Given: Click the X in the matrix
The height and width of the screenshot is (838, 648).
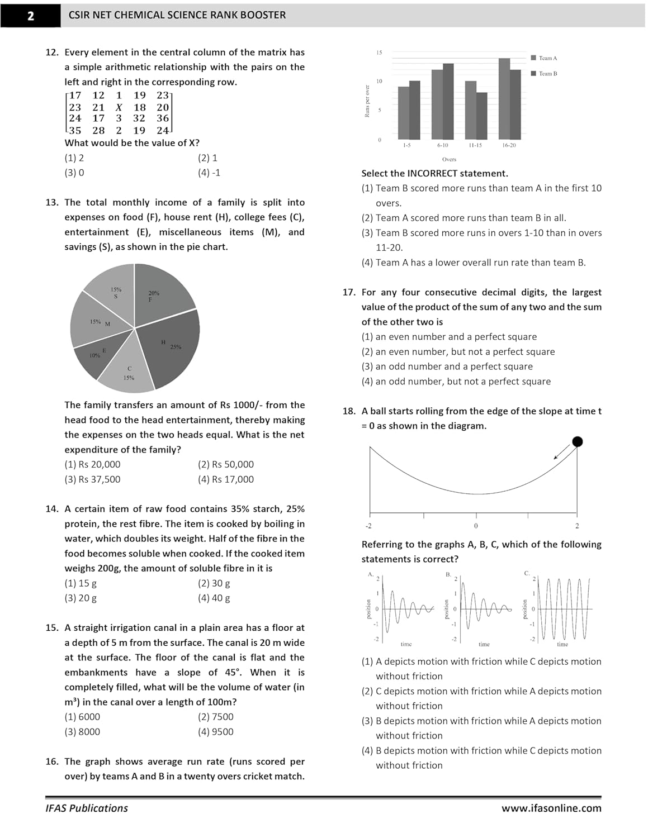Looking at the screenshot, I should tap(119, 107).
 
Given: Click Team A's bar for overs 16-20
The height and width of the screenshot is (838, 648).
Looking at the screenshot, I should tap(504, 99).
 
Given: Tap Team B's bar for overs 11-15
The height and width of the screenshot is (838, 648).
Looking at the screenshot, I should tap(481, 116).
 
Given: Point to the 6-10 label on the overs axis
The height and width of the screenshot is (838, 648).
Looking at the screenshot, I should tap(442, 145).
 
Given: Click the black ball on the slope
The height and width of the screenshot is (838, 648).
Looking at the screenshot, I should tap(578, 442).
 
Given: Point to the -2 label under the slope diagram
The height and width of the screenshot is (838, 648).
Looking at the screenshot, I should tap(368, 526).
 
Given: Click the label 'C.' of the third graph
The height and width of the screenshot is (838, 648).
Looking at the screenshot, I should tap(527, 573).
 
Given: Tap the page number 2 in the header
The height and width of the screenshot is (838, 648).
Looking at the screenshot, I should tap(31, 16).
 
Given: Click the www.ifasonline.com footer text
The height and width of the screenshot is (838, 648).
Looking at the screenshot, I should tap(551, 808).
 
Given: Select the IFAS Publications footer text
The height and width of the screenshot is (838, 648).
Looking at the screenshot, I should tap(87, 808).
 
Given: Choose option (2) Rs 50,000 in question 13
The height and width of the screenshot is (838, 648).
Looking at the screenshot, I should tap(225, 464).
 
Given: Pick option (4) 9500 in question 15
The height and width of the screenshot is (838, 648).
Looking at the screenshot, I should tap(215, 732).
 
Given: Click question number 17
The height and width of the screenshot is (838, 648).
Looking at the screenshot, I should tap(349, 292).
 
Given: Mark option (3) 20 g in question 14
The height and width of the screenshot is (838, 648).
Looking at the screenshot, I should tap(81, 598).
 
